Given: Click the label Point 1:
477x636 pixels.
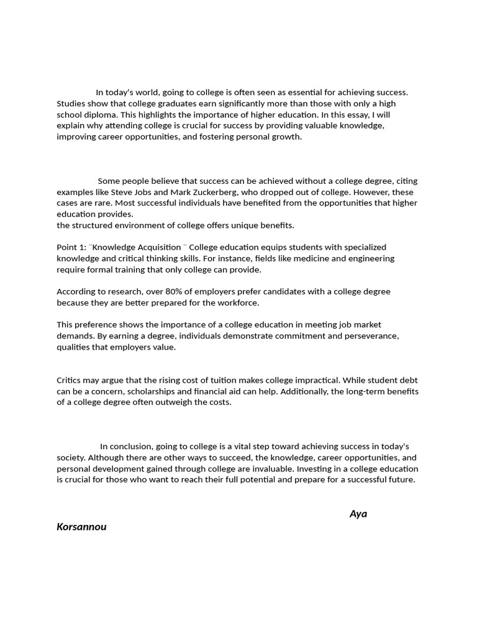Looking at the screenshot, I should coord(71,247).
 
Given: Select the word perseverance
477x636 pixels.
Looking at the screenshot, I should coord(370,336).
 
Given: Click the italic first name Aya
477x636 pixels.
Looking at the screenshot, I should coord(358,514).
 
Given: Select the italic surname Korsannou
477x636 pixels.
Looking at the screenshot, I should coord(81,527).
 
